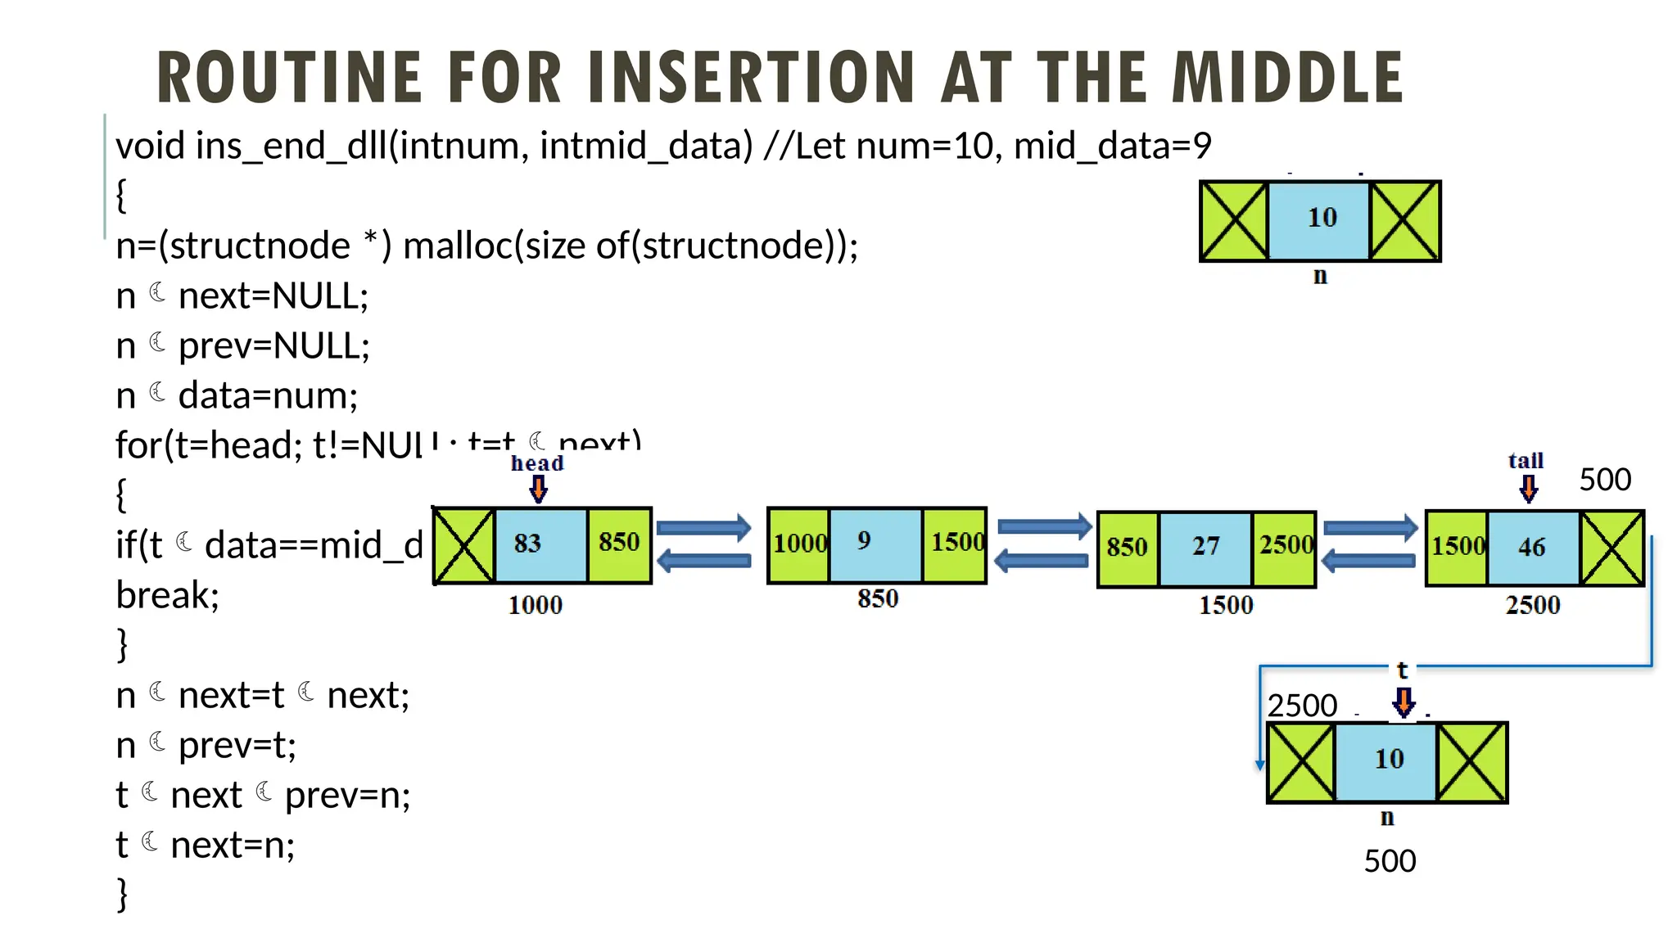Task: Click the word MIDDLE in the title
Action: coord(1287,77)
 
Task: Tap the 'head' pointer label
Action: coord(537,463)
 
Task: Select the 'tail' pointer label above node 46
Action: coord(1526,461)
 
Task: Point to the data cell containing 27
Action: coord(1205,548)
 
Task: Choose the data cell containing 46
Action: coord(1532,548)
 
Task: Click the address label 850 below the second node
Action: coord(878,599)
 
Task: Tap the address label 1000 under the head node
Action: coord(536,606)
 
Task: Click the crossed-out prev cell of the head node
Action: coord(463,545)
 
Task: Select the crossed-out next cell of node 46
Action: coord(1611,548)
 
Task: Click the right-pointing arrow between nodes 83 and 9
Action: coord(704,527)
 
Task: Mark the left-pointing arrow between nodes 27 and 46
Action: coord(1368,562)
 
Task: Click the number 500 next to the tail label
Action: coord(1605,480)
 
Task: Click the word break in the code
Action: coord(167,595)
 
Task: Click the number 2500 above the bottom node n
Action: coord(1302,706)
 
